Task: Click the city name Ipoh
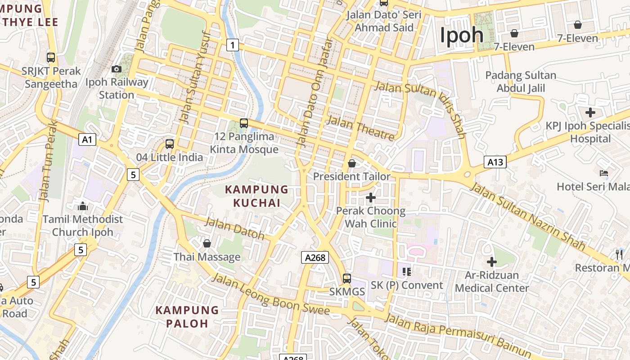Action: (461, 35)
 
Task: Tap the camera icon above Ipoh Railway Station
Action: (117, 69)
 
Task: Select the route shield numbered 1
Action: (232, 45)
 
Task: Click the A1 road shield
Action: (87, 139)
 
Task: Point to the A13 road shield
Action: (495, 162)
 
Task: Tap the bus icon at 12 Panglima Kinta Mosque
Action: (244, 123)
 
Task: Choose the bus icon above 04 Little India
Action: (170, 144)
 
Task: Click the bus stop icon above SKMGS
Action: (346, 278)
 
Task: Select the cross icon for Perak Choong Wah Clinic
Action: (371, 197)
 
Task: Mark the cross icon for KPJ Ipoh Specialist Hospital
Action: (590, 112)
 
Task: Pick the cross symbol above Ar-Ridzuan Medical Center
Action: (492, 261)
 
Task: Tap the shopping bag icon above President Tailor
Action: (352, 163)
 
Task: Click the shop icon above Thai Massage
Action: (207, 243)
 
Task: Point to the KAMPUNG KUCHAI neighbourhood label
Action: (256, 196)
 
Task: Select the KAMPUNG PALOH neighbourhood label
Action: (187, 316)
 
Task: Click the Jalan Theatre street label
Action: (360, 128)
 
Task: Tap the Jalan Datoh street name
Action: (234, 228)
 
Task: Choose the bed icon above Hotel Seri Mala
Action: (604, 173)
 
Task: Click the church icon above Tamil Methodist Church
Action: (83, 206)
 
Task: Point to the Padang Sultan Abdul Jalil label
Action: (521, 81)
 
